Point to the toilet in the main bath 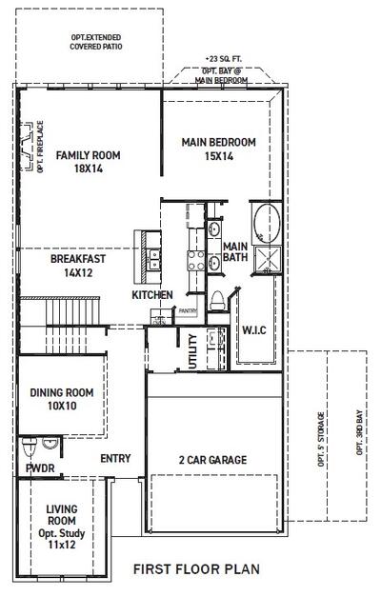tap(216, 298)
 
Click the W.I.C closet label tap(254, 331)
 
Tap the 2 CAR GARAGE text tap(213, 460)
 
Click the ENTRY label tap(115, 459)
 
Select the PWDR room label tap(40, 468)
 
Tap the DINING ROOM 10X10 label tap(61, 399)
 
